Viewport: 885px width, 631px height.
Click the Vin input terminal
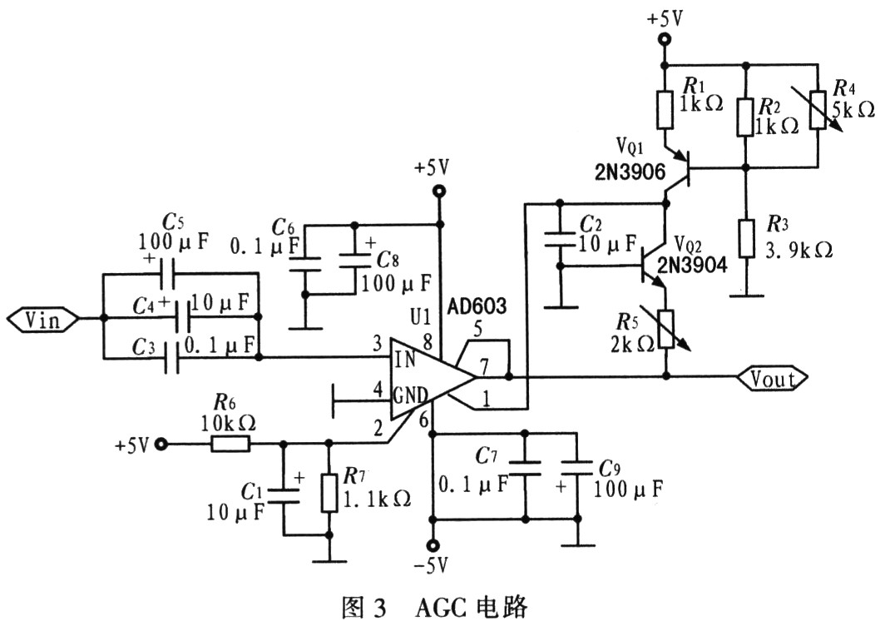(42, 320)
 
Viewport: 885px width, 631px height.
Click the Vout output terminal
(773, 378)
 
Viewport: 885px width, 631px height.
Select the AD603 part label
(477, 306)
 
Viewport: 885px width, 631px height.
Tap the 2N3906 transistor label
(630, 172)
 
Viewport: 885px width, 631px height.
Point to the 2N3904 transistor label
(691, 265)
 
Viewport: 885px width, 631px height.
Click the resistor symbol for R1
(665, 109)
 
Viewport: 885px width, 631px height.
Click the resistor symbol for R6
(230, 444)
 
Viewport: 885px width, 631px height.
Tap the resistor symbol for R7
(329, 493)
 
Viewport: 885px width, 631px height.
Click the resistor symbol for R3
(746, 240)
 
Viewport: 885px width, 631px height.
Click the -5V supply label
(432, 565)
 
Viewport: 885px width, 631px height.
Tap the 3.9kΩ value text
(799, 249)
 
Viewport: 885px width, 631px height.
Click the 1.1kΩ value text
(377, 499)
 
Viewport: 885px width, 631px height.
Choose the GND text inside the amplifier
(410, 395)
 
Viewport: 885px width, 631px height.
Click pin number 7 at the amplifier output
(484, 368)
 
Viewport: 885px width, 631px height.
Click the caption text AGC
(442, 609)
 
